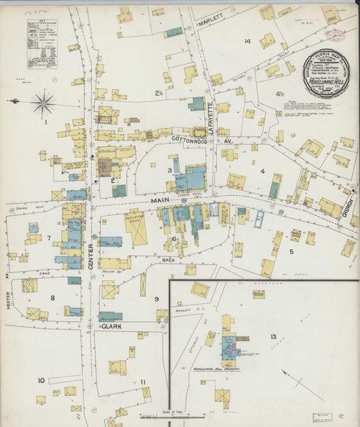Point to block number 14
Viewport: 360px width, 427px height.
(x=247, y=42)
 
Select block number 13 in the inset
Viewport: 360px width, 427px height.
(x=273, y=336)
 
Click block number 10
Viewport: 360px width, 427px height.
(x=42, y=379)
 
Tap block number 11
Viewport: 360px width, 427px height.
(x=143, y=382)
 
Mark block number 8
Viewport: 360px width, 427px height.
(x=52, y=297)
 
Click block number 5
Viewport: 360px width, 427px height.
(x=292, y=251)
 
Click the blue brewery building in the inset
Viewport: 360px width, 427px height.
(x=228, y=345)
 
